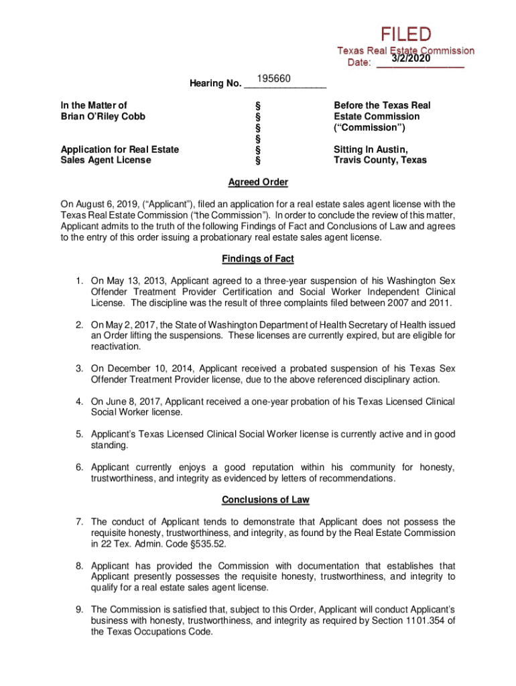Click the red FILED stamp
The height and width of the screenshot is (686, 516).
click(407, 34)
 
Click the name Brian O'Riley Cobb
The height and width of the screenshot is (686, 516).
click(103, 116)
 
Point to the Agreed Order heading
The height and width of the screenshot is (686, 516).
click(258, 182)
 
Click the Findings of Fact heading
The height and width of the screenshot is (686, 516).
click(257, 259)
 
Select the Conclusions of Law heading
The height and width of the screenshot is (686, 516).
click(257, 500)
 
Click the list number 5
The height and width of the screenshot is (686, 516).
click(78, 434)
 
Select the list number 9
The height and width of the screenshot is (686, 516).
click(78, 610)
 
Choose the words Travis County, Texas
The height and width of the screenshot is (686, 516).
click(380, 160)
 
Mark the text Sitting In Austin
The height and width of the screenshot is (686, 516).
click(371, 149)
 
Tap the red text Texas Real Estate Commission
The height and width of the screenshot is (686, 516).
click(405, 51)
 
